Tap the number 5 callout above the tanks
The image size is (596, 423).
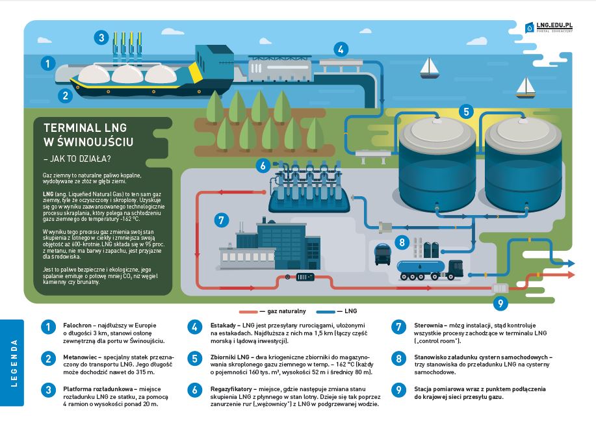click(465, 111)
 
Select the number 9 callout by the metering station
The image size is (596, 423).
click(500, 302)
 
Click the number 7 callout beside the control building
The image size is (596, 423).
click(221, 220)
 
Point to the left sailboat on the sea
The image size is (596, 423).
click(428, 66)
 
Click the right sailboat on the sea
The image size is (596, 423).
click(525, 85)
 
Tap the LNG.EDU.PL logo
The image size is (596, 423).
click(552, 27)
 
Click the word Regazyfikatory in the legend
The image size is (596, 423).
click(233, 388)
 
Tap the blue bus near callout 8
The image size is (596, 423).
click(383, 255)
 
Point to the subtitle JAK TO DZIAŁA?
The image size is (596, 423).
click(77, 157)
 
